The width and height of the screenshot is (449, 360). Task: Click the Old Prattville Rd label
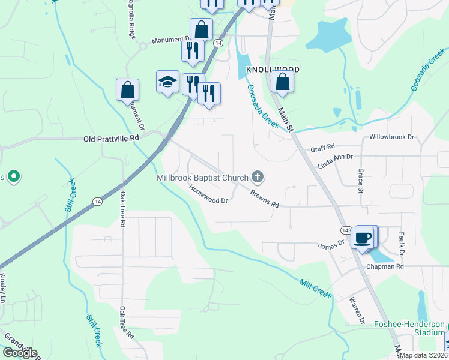(111, 138)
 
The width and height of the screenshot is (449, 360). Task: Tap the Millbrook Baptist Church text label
(202, 178)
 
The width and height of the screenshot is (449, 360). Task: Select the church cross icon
(258, 176)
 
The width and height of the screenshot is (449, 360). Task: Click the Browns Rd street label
(265, 200)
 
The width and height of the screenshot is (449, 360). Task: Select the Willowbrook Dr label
(392, 137)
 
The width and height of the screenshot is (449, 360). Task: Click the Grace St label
(361, 181)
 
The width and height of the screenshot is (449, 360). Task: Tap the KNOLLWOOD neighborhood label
(273, 70)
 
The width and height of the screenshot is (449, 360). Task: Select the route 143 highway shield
(346, 230)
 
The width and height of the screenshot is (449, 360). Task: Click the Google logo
(19, 353)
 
